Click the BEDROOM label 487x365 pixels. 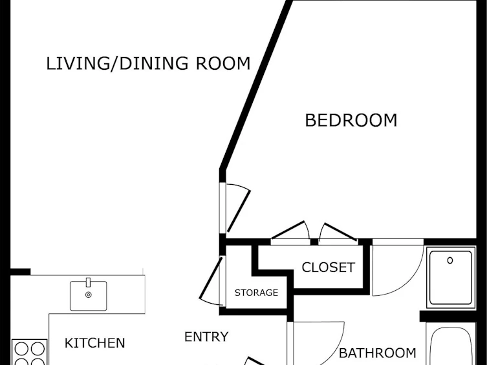point(351,120)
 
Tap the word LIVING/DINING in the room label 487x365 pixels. point(117,63)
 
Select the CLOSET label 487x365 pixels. point(328,267)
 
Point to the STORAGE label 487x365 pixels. point(256,293)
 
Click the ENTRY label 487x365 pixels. point(206,337)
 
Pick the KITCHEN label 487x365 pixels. point(94,343)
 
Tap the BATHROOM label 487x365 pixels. point(377,353)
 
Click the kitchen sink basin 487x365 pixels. point(88,296)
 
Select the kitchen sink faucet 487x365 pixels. point(88,282)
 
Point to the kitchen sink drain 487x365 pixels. point(88,295)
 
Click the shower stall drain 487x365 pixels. point(449,260)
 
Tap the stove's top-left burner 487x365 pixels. point(22,348)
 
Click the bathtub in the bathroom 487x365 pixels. point(451,344)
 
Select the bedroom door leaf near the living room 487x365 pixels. point(239,211)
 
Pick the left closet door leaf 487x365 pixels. point(288,230)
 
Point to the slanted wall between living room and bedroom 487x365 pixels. point(256,85)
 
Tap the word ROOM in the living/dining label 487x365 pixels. point(222,63)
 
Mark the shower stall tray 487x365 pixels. point(451,278)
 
